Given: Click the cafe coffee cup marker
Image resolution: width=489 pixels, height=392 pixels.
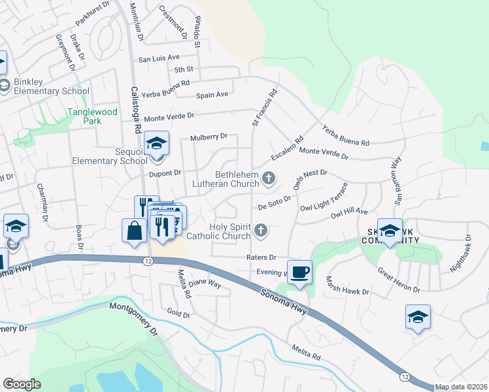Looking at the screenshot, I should pyautogui.click(x=299, y=272).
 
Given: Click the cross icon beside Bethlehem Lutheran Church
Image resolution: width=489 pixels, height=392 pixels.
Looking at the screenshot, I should pyautogui.click(x=268, y=178).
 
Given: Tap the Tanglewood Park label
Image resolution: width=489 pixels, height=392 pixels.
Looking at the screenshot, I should pyautogui.click(x=92, y=116).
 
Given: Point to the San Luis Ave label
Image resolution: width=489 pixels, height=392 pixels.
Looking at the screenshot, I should pyautogui.click(x=158, y=58).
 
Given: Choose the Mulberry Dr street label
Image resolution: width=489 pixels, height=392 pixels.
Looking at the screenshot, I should pyautogui.click(x=209, y=137).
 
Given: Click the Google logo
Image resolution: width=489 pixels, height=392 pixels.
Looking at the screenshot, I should pyautogui.click(x=22, y=384).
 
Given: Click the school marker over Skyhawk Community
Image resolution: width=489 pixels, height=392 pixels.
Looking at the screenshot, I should pyautogui.click(x=390, y=231).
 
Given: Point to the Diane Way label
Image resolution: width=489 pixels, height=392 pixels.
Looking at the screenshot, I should pyautogui.click(x=205, y=284).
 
